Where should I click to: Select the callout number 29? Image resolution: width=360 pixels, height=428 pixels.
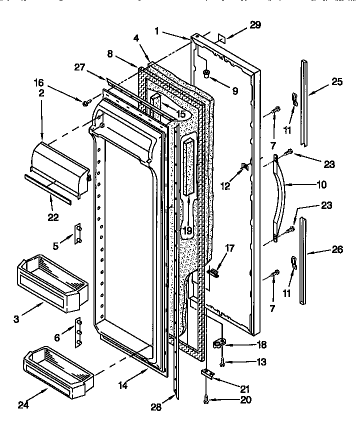(255, 25)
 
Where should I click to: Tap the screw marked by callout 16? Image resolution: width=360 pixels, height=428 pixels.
(86, 102)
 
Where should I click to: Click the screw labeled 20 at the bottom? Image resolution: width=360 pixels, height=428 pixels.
(206, 399)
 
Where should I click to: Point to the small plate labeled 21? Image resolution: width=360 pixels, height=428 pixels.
(207, 373)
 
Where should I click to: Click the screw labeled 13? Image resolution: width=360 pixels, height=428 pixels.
(221, 360)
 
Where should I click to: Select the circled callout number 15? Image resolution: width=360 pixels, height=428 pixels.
(181, 114)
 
